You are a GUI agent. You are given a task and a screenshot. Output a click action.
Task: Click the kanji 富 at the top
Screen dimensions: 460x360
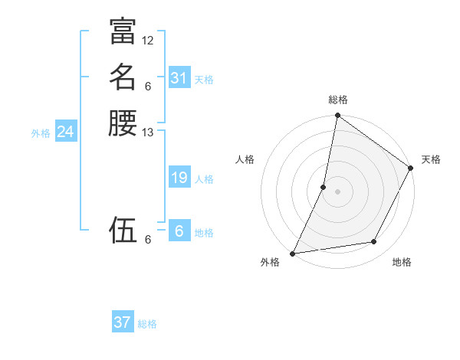pyautogui.click(x=123, y=31)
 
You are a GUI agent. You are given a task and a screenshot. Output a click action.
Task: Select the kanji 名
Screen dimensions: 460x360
pyautogui.click(x=123, y=77)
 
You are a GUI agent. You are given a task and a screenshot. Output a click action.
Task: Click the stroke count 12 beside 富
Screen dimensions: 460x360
pyautogui.click(x=148, y=40)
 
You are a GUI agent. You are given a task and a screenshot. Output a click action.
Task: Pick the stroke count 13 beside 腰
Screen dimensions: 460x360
pyautogui.click(x=148, y=133)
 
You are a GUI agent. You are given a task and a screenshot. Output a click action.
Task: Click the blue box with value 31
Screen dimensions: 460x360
pyautogui.click(x=179, y=78)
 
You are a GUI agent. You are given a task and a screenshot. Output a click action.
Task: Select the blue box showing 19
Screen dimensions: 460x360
pyautogui.click(x=179, y=178)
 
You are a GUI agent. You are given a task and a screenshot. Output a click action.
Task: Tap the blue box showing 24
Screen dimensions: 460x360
pyautogui.click(x=65, y=132)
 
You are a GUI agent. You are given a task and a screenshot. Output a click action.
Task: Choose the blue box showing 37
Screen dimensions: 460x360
pyautogui.click(x=123, y=322)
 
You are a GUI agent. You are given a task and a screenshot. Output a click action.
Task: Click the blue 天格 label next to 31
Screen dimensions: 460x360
pyautogui.click(x=204, y=80)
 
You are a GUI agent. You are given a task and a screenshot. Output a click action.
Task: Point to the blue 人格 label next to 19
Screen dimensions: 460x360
pyautogui.click(x=204, y=179)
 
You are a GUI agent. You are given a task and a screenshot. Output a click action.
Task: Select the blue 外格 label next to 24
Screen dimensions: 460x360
pyautogui.click(x=41, y=133)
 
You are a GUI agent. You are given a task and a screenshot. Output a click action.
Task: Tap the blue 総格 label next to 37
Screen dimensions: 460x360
pyautogui.click(x=147, y=324)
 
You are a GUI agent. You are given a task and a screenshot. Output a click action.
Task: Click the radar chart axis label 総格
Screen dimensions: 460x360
pyautogui.click(x=338, y=100)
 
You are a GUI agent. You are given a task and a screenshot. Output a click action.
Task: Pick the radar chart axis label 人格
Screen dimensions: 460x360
pyautogui.click(x=245, y=159)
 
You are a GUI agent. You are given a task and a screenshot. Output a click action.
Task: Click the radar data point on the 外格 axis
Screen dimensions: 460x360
pyautogui.click(x=293, y=253)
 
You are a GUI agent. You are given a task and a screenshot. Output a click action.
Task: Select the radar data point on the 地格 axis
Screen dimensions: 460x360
pyautogui.click(x=374, y=242)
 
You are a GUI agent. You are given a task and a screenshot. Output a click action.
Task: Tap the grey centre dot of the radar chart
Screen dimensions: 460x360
pyautogui.click(x=337, y=191)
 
